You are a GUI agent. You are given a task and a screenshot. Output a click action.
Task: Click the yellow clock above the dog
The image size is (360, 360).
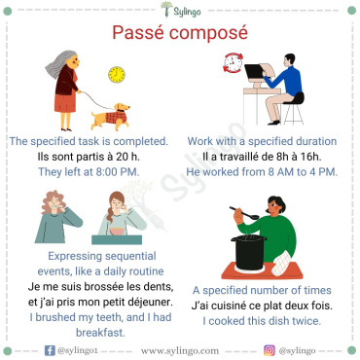[118, 74]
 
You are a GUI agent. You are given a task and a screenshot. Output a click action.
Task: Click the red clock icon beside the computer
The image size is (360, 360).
[233, 66]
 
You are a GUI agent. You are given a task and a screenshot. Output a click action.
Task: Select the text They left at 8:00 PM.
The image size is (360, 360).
[90, 172]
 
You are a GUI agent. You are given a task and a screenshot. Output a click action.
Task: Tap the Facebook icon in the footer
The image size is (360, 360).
[50, 348]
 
